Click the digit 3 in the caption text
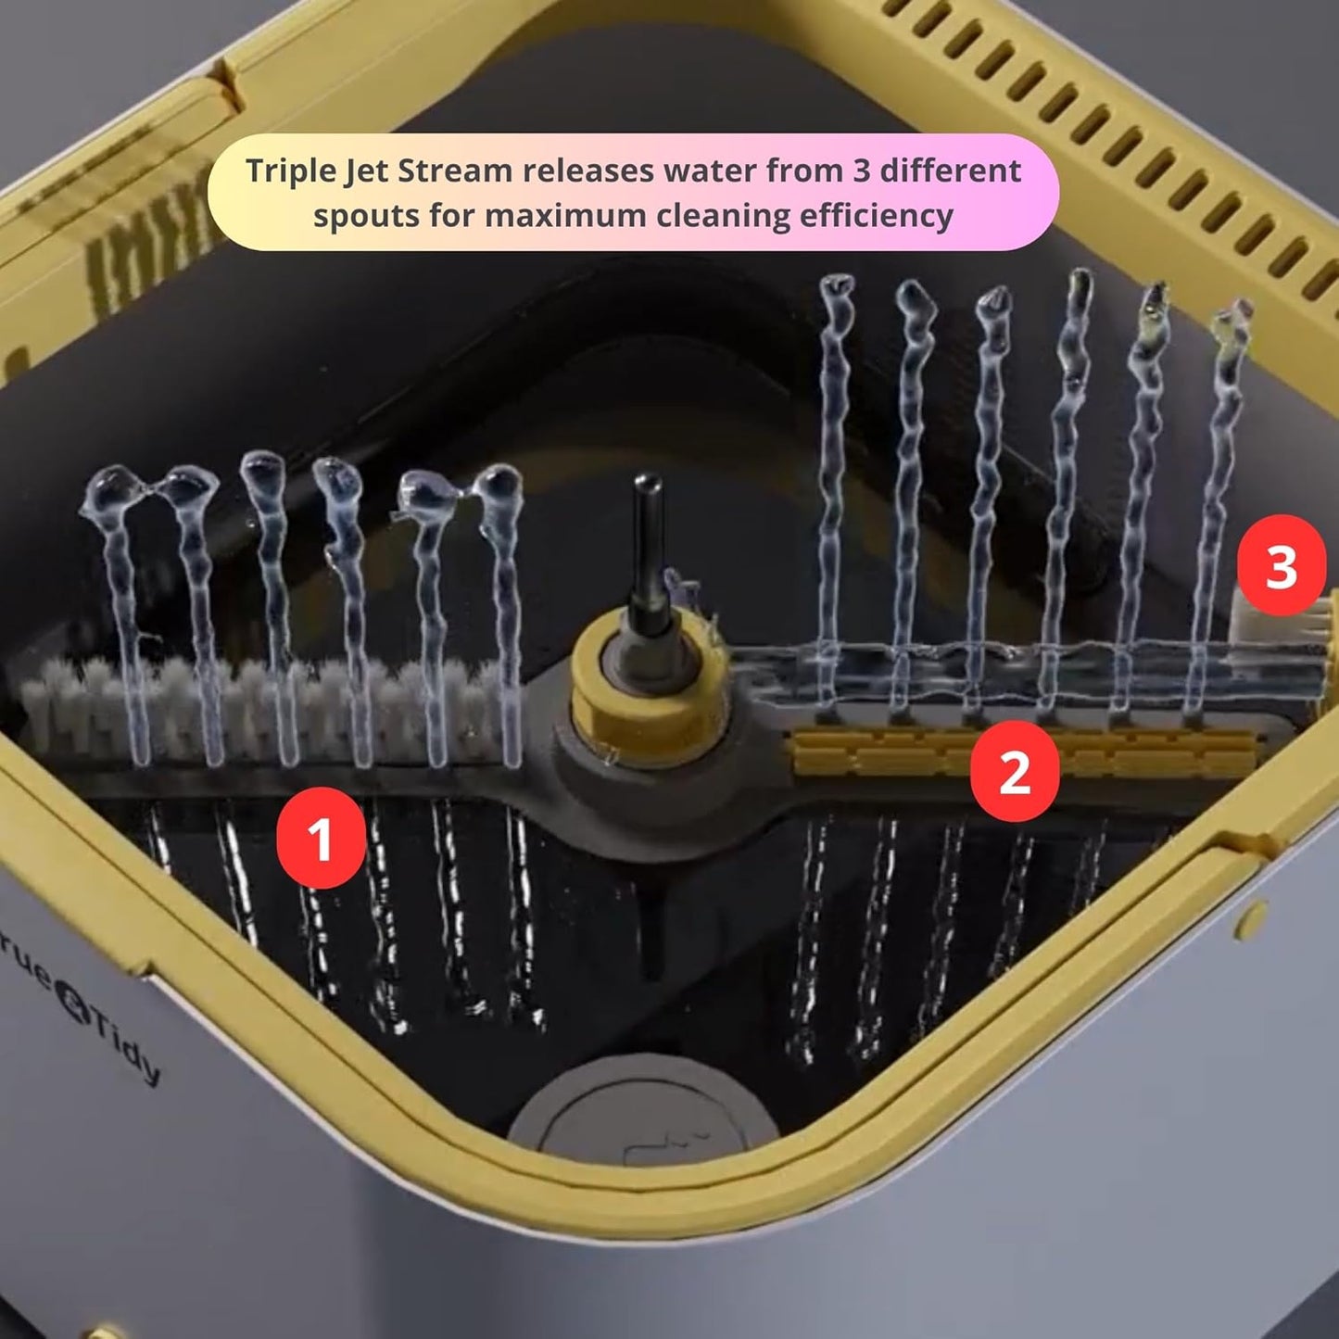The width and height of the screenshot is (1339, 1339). pos(861,171)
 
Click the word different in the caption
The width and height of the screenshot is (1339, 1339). pos(952,171)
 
